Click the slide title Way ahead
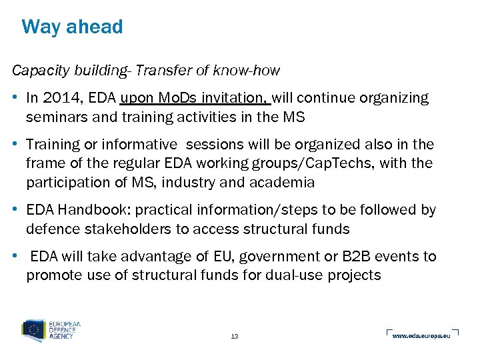tap(72, 27)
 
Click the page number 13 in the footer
tap(234, 336)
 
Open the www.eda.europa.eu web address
tap(421, 336)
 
